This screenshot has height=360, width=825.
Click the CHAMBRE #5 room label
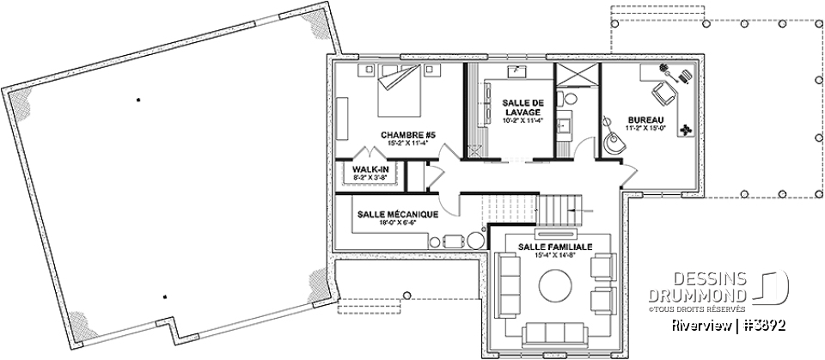click(408, 135)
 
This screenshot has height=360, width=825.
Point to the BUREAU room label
click(645, 119)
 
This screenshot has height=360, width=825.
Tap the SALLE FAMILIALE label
click(554, 247)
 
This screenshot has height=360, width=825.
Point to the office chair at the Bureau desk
click(662, 90)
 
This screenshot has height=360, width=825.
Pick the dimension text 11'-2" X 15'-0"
click(645, 128)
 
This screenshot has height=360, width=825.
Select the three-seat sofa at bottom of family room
click(554, 333)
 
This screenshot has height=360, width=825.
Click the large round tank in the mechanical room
click(474, 242)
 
